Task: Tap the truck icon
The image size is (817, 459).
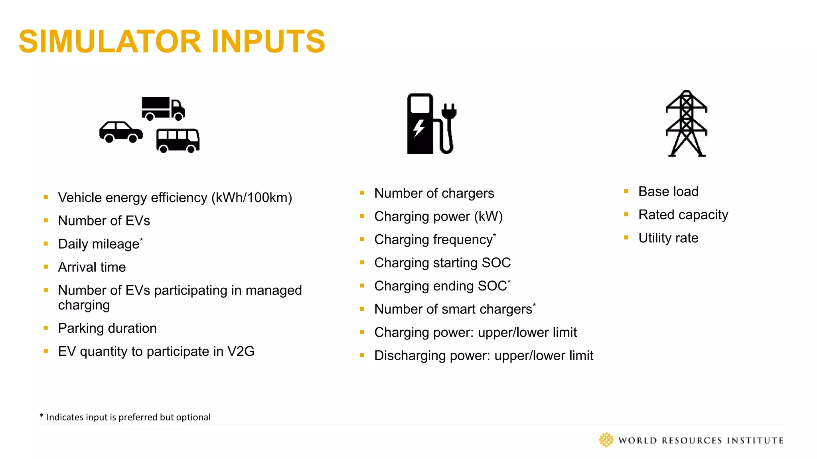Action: point(163,108)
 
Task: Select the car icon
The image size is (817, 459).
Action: point(120,131)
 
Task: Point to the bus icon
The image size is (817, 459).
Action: point(178,140)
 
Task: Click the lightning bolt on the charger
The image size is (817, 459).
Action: point(418,128)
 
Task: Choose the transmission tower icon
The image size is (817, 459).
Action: point(686,124)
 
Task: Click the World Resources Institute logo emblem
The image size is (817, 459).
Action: point(606,440)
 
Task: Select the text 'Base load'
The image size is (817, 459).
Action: point(668,192)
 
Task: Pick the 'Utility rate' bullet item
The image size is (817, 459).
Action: point(668,238)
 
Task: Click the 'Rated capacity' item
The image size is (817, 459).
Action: point(683,215)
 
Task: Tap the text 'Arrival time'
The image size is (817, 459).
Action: point(92,267)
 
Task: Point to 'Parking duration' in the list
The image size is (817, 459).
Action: point(107,328)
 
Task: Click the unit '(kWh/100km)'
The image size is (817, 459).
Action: point(252,198)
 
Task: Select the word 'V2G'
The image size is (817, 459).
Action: point(241,351)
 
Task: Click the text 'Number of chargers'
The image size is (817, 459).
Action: point(434,193)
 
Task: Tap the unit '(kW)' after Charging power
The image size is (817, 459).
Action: point(488,216)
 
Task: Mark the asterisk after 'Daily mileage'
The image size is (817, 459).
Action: point(141,239)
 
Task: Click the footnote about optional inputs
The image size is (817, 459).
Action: point(125,417)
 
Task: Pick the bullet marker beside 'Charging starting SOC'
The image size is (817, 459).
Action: point(362,263)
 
